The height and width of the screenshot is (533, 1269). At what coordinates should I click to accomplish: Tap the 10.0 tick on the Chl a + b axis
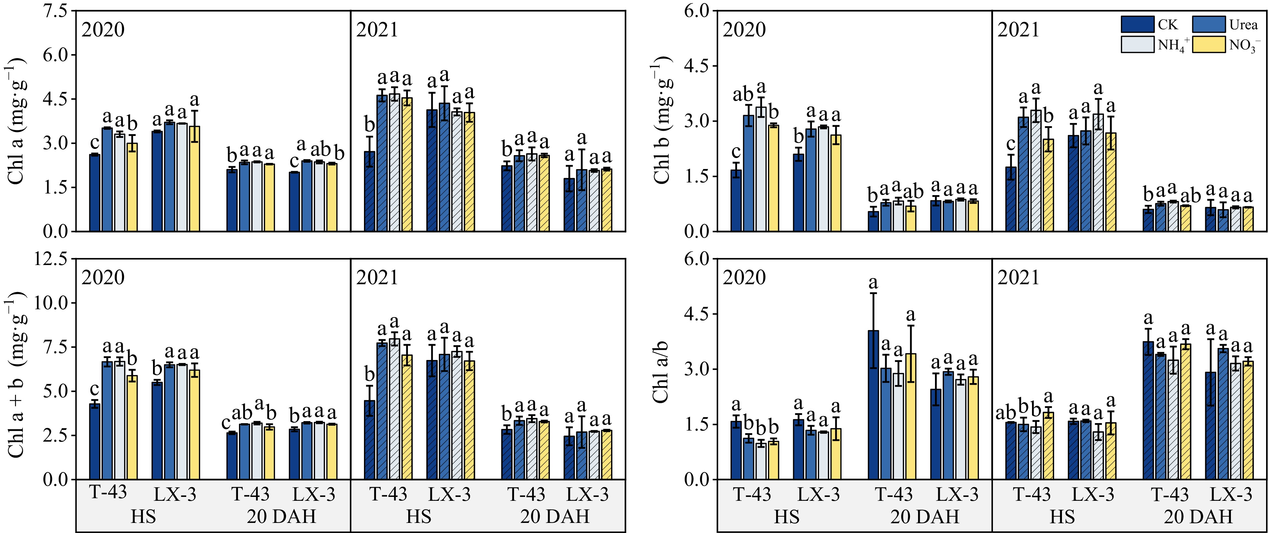pyautogui.click(x=51, y=303)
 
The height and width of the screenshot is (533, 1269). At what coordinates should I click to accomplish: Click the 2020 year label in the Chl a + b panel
pyautogui.click(x=103, y=278)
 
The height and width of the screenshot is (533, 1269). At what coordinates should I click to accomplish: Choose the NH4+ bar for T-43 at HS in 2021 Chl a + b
pyautogui.click(x=395, y=408)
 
